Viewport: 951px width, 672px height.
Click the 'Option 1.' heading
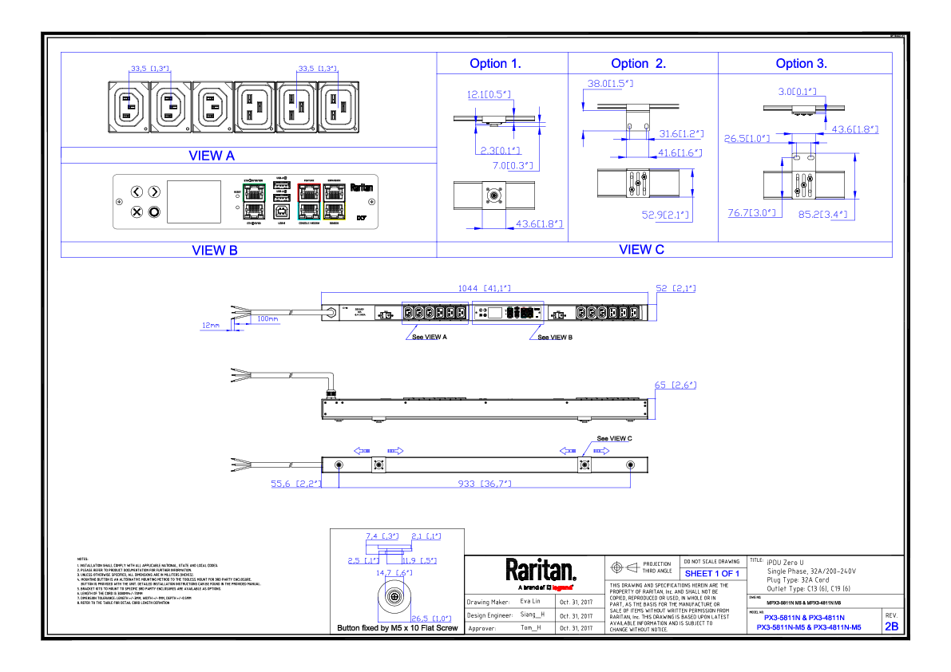[495, 64]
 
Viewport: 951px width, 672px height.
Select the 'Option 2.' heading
[638, 64]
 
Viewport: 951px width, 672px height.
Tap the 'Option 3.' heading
[801, 64]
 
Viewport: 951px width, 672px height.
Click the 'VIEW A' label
[212, 156]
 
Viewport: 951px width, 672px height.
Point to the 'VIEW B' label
[215, 251]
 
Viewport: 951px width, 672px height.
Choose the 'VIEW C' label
[641, 250]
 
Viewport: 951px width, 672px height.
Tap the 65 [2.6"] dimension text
[676, 385]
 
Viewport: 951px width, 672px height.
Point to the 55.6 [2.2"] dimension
[295, 484]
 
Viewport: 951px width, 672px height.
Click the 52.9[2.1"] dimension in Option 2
[665, 215]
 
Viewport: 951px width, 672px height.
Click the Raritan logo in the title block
[541, 571]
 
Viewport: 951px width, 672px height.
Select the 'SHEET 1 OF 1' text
[712, 574]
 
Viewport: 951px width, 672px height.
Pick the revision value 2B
[891, 627]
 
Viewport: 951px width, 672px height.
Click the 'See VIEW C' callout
[615, 439]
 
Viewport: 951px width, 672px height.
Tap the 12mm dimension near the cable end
[210, 325]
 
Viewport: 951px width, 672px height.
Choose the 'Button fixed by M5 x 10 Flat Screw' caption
[398, 629]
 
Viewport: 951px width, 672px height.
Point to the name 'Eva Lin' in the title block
[530, 601]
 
